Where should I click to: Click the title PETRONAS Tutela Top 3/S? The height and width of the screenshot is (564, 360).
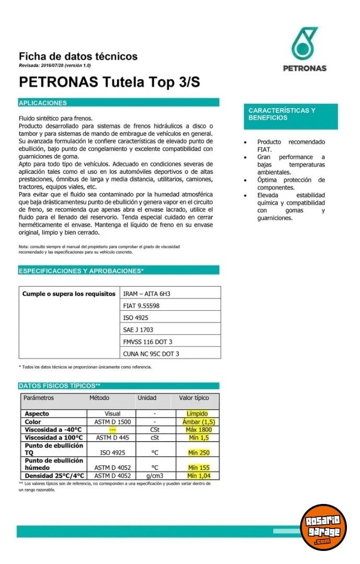(x=109, y=83)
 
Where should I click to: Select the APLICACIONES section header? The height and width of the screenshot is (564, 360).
(x=119, y=103)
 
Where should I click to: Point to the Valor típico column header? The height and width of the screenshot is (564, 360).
(x=194, y=398)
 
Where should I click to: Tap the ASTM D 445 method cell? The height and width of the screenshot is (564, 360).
(x=112, y=437)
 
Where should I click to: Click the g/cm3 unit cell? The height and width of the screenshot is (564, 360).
(x=155, y=476)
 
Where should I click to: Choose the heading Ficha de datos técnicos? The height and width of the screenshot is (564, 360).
(x=78, y=56)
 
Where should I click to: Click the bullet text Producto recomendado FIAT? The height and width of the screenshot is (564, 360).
(x=291, y=146)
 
